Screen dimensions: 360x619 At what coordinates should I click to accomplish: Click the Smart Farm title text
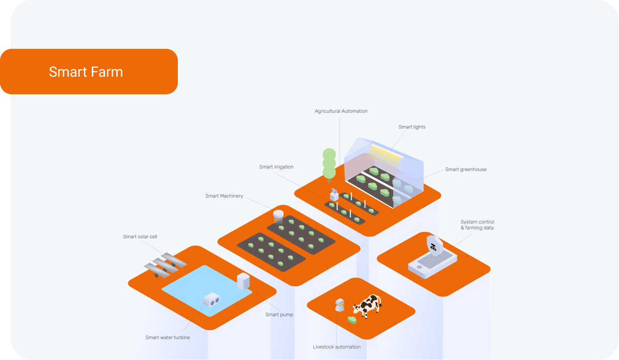tap(86, 72)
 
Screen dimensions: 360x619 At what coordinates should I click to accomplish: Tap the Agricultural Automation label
tap(341, 111)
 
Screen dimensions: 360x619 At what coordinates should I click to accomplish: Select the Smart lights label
tap(412, 127)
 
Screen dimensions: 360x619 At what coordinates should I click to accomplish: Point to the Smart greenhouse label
tap(466, 169)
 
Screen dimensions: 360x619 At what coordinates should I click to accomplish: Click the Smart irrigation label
tap(277, 167)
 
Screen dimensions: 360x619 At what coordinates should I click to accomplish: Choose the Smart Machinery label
tap(224, 196)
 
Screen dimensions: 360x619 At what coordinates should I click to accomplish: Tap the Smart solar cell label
tap(140, 237)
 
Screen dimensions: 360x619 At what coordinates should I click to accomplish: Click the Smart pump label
tap(279, 315)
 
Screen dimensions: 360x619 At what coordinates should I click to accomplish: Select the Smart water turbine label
tap(168, 338)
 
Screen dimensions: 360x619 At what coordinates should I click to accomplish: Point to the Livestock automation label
tap(337, 347)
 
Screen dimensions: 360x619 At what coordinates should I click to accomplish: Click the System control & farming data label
tap(477, 225)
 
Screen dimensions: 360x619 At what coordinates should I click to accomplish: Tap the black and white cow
tap(367, 306)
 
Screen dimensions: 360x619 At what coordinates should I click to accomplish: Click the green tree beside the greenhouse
tap(329, 164)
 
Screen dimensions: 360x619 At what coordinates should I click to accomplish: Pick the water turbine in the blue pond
tap(211, 299)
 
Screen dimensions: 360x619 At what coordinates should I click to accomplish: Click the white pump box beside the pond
tap(243, 281)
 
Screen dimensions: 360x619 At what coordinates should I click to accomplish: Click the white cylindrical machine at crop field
tap(278, 215)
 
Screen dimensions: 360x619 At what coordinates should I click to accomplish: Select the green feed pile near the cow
tap(352, 320)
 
